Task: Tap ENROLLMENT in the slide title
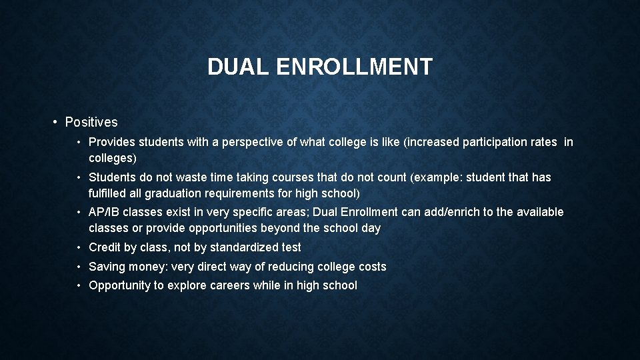click(x=354, y=67)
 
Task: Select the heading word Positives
click(x=91, y=122)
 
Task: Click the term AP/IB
click(x=104, y=212)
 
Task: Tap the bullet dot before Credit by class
click(x=79, y=247)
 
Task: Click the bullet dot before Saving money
click(x=79, y=267)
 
